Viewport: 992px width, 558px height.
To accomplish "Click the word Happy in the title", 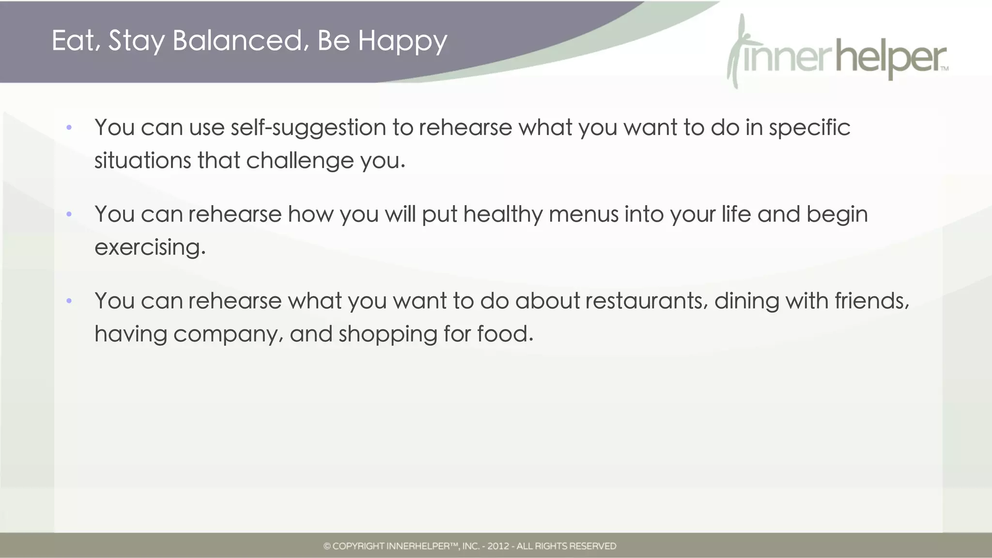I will [x=402, y=41].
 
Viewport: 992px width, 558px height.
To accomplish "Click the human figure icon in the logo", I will [x=737, y=51].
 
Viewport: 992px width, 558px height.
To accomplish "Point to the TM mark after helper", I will [x=945, y=69].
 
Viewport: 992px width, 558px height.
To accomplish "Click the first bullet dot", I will [x=69, y=128].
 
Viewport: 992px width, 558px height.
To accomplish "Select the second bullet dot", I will [x=69, y=214].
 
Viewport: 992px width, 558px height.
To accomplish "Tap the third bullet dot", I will [x=69, y=301].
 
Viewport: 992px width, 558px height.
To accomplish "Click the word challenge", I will [x=300, y=161].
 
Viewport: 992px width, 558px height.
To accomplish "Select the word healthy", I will [x=502, y=214].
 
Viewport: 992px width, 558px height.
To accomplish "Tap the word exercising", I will [x=150, y=247].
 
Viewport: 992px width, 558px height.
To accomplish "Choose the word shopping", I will [x=387, y=334].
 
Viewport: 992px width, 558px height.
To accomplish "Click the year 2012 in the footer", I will [x=498, y=546].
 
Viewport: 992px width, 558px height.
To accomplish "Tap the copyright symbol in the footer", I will [x=327, y=546].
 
